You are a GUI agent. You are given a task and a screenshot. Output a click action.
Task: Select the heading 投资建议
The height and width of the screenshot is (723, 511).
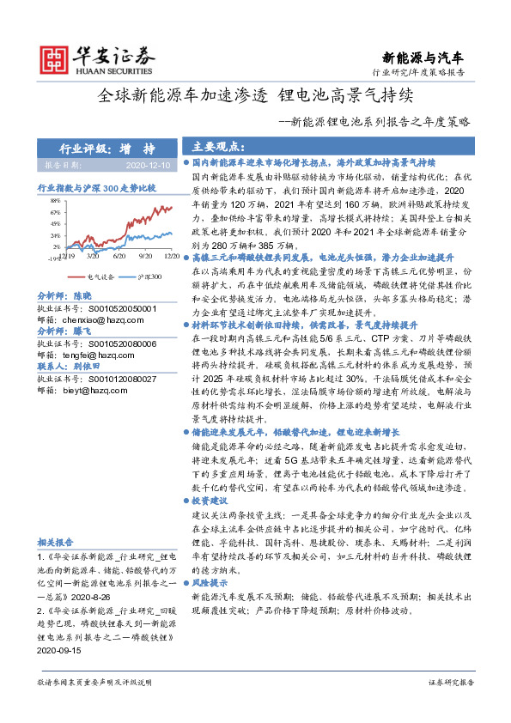click(x=210, y=499)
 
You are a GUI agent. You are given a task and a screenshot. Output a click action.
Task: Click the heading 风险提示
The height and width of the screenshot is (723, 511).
click(x=210, y=582)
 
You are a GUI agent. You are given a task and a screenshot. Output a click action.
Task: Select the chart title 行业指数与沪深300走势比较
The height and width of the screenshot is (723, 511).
click(x=96, y=186)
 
